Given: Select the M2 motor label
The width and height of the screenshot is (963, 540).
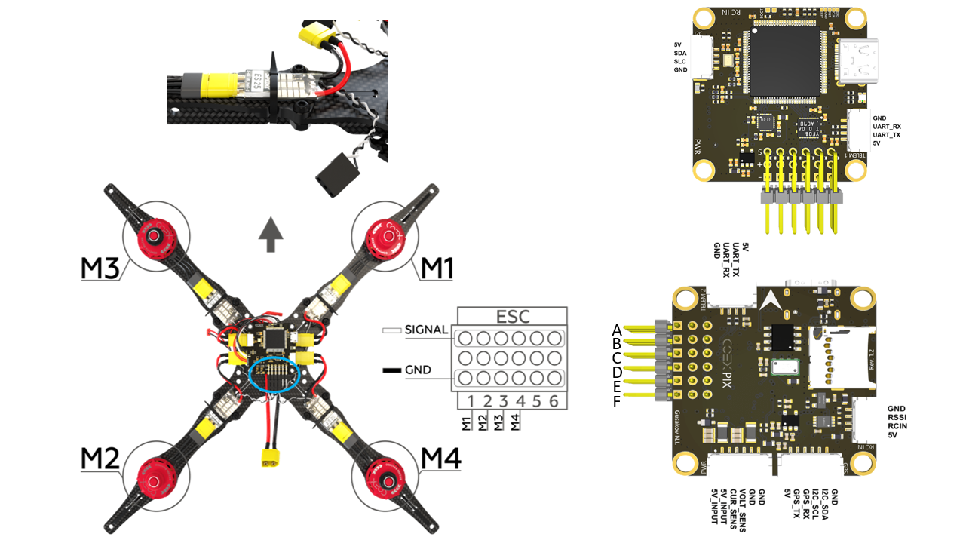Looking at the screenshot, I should click(101, 459).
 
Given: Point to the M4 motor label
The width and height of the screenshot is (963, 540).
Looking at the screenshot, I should click(441, 459).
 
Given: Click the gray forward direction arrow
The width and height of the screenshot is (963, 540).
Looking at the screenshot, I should click(270, 235).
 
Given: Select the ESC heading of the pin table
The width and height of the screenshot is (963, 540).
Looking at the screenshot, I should click(511, 316).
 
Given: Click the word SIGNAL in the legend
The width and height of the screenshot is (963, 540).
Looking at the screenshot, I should click(426, 330).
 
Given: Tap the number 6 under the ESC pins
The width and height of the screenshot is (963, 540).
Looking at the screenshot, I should click(554, 401).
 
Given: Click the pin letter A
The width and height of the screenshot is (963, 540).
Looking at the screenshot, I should click(617, 330).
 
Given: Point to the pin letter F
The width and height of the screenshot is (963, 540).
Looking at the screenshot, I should click(617, 402).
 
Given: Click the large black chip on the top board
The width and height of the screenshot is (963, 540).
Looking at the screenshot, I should click(784, 57).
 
